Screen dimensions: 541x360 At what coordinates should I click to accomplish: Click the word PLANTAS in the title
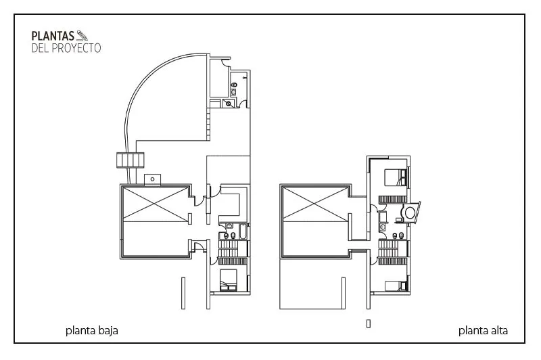click(53, 36)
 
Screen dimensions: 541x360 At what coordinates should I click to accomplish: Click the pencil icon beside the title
click(83, 35)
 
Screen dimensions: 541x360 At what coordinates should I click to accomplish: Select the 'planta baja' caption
click(92, 331)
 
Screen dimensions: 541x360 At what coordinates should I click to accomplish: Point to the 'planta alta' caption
click(483, 331)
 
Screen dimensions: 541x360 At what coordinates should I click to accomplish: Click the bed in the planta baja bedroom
click(228, 280)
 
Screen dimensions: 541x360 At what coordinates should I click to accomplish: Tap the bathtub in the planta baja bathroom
click(243, 231)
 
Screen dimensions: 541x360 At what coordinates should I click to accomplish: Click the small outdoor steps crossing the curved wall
click(130, 160)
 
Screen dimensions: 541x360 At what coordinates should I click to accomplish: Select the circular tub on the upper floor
click(410, 212)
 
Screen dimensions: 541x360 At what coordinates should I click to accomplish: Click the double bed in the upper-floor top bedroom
click(396, 177)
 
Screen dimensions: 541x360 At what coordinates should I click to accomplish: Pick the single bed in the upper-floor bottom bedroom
click(396, 286)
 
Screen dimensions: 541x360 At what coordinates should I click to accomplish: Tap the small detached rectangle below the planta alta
click(369, 323)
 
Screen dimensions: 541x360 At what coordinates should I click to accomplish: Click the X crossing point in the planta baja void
click(156, 203)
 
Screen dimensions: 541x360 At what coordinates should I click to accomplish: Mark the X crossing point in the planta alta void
click(315, 203)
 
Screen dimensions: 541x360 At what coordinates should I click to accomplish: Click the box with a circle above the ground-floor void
click(153, 179)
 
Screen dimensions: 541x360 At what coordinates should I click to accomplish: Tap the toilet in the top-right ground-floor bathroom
click(234, 85)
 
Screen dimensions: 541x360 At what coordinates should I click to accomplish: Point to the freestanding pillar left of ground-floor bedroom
click(183, 293)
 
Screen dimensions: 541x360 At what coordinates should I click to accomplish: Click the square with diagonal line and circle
click(229, 104)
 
